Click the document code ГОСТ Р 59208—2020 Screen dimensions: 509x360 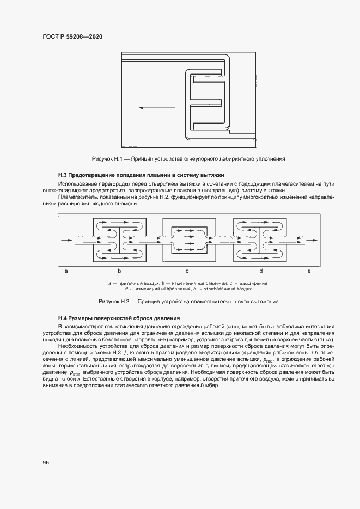pos(72,36)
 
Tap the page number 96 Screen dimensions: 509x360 pos(46,462)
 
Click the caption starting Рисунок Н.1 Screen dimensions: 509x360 pos(188,158)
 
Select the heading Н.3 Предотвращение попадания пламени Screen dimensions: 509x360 pos(141,175)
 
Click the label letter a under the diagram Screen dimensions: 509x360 pos(65,271)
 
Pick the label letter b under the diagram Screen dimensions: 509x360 pos(119,271)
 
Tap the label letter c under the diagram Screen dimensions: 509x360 pos(187,271)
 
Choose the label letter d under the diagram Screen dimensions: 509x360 pos(261,271)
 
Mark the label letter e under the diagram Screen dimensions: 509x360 pos(309,271)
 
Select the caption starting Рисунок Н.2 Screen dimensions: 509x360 pos(188,301)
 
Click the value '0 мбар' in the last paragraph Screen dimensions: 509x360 pos(209,385)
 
